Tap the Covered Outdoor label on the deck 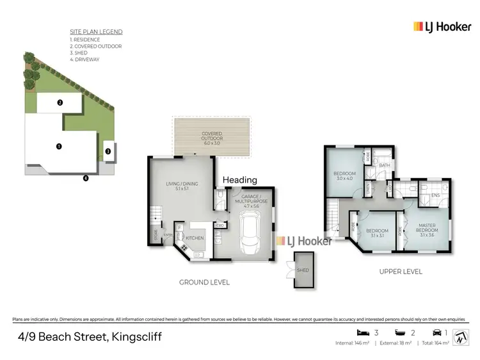point(212,138)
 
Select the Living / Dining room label point(182,186)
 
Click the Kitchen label point(195,238)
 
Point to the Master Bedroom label point(428,228)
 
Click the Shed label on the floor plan point(303,270)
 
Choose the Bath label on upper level point(384,165)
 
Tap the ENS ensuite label point(435,195)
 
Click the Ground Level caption point(205,282)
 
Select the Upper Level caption point(401,272)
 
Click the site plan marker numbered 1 point(59,146)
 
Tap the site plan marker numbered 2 point(59,102)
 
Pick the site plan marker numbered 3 point(108,151)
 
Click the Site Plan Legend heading point(96,31)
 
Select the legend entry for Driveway point(87,60)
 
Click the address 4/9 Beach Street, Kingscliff point(89,337)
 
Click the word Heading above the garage point(239,180)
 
